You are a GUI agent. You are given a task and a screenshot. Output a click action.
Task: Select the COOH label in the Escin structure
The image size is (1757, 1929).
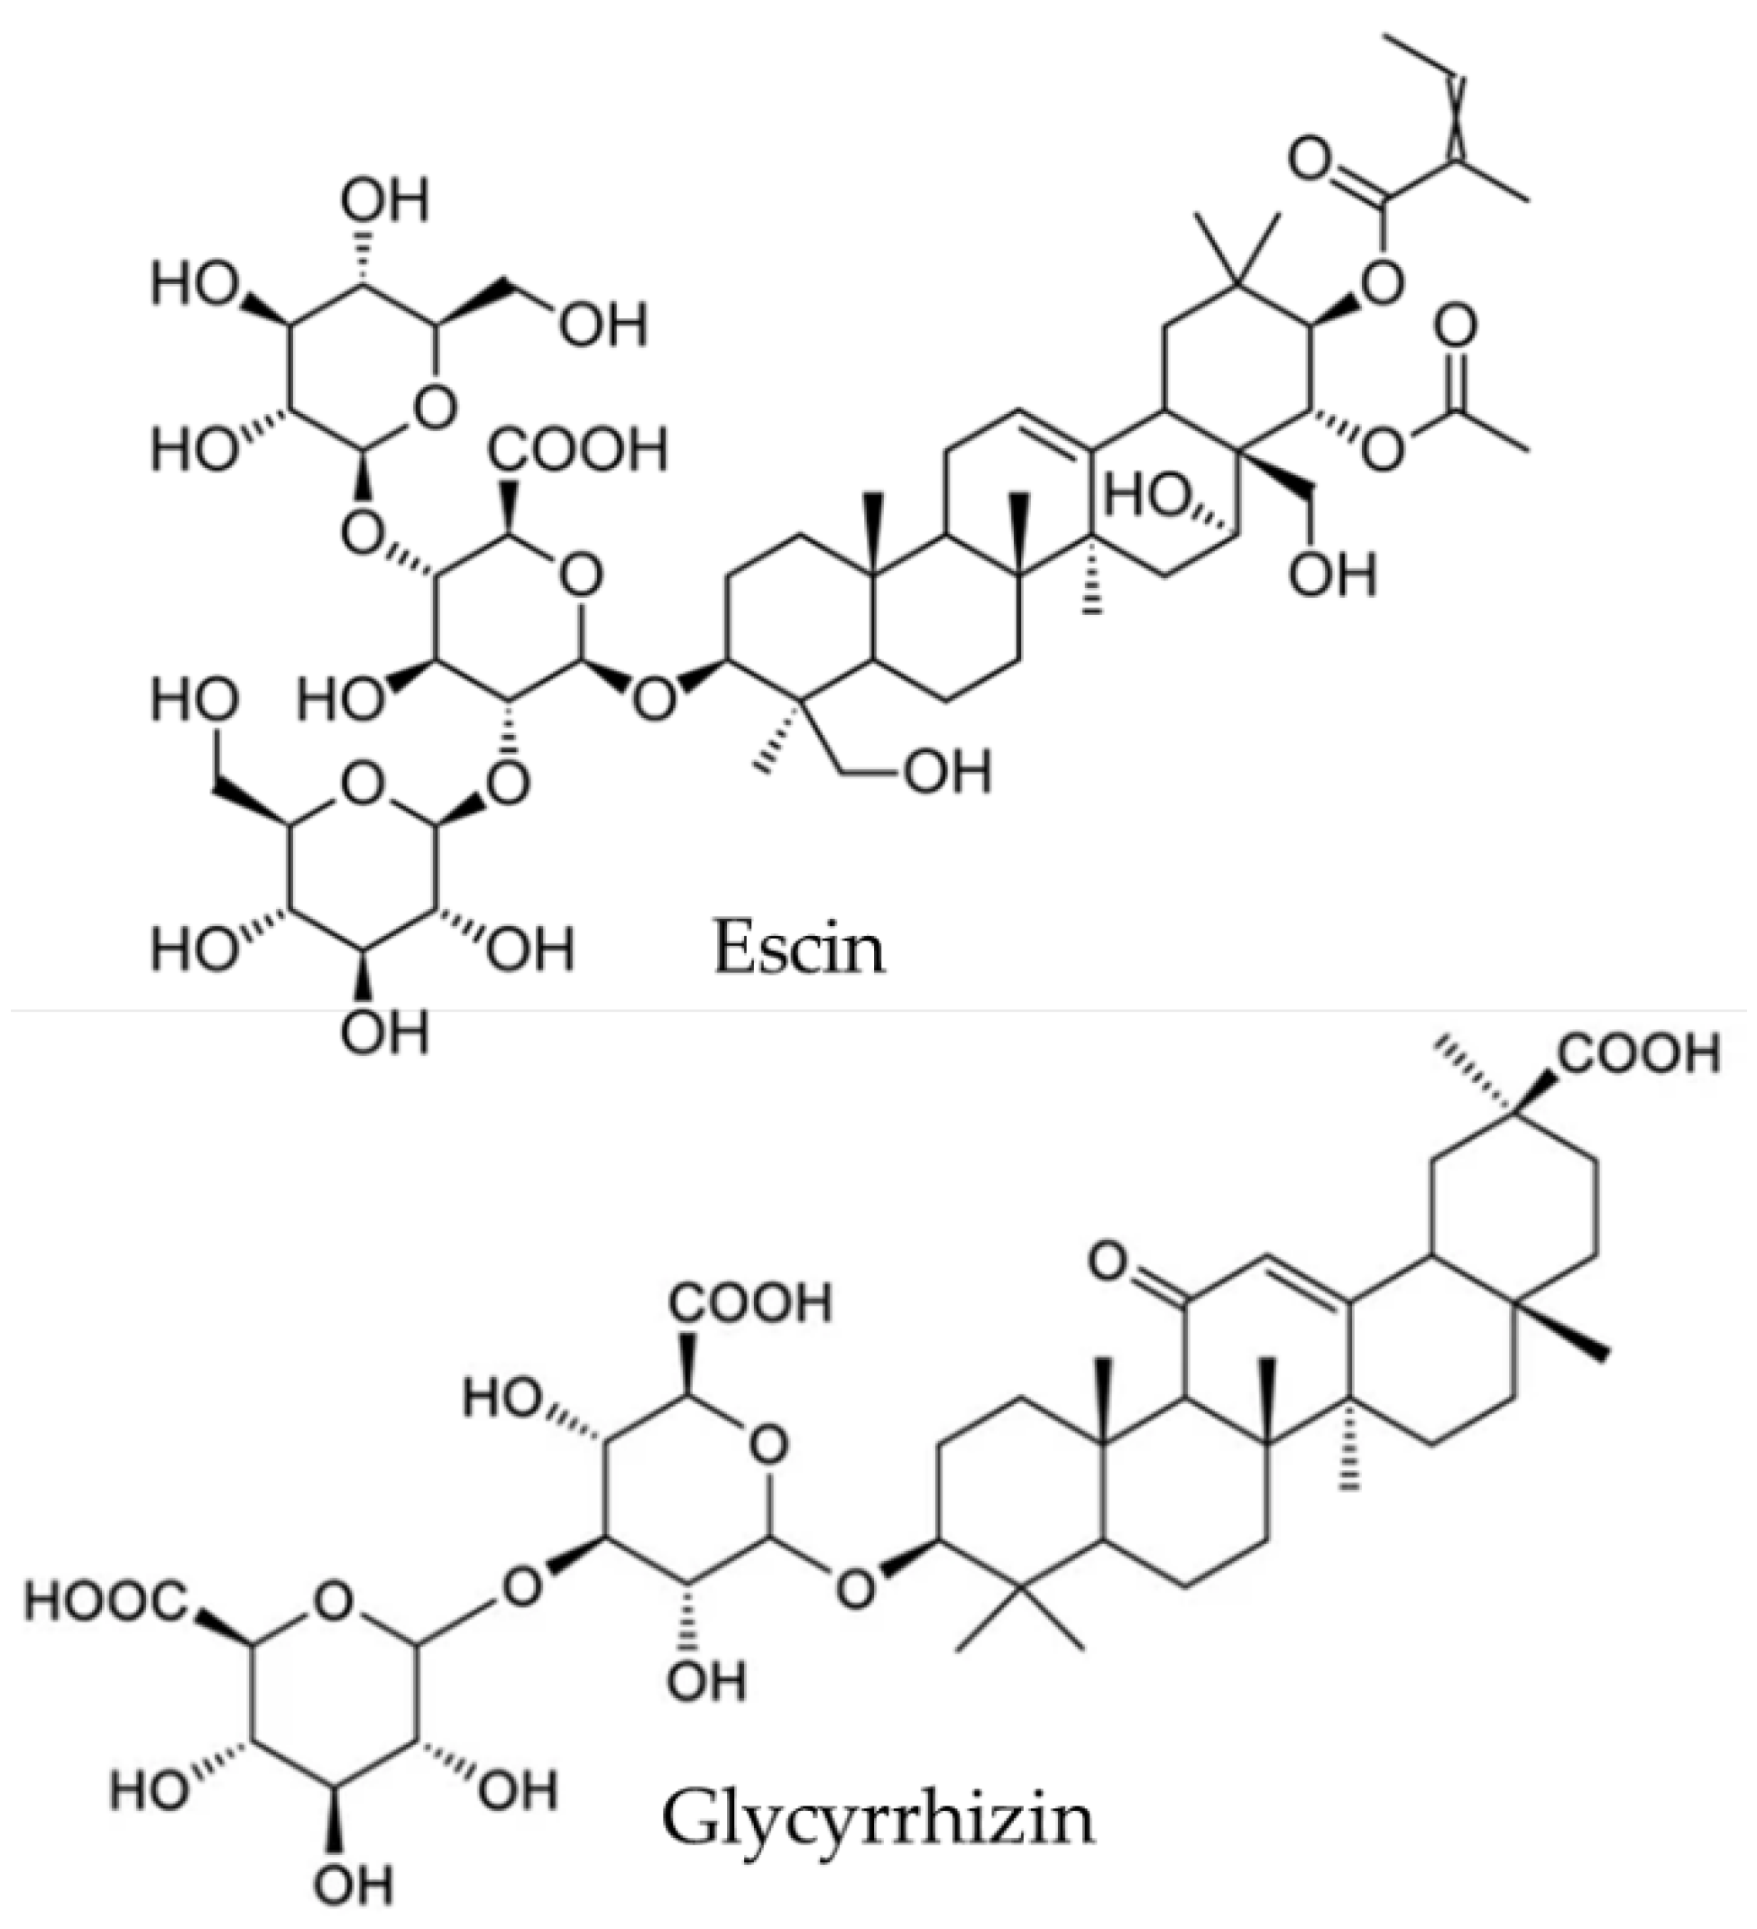coord(577,449)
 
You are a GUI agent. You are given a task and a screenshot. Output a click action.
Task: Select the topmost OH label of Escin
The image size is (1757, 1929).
coord(385,201)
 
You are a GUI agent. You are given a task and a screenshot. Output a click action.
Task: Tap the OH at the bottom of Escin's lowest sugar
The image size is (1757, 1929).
coord(385,1032)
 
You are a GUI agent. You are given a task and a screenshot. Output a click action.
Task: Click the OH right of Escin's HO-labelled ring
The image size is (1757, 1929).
coord(1332,575)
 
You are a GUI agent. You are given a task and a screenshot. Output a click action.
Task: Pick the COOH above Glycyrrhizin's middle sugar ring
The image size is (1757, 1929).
coord(751,1302)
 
